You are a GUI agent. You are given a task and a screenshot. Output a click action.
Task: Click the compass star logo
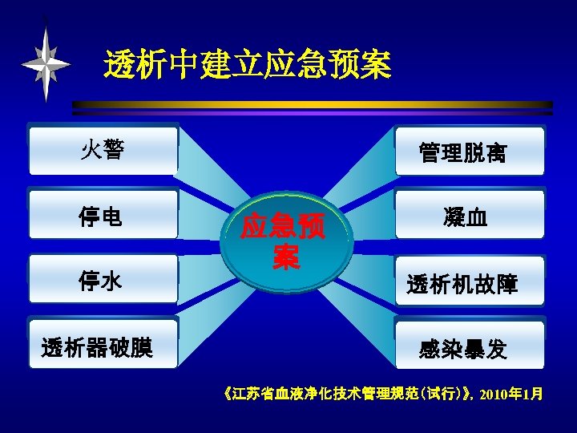[46, 63]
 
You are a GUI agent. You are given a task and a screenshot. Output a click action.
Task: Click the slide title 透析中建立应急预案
[248, 65]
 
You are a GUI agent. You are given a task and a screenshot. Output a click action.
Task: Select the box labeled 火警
[103, 149]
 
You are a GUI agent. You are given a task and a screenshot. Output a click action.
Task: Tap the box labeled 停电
[103, 215]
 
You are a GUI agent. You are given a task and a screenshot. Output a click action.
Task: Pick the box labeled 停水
[103, 280]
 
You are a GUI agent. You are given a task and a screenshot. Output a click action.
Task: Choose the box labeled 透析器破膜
[103, 346]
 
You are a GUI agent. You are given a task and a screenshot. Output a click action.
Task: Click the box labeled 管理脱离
[470, 152]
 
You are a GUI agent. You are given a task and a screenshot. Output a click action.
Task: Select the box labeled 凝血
[470, 215]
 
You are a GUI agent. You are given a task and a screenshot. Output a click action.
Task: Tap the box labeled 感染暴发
[470, 346]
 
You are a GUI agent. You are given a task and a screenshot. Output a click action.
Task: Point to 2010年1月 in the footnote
[513, 394]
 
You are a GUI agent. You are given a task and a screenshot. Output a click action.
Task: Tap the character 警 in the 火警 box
[113, 149]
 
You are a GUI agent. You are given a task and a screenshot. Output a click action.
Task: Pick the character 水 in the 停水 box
[113, 280]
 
